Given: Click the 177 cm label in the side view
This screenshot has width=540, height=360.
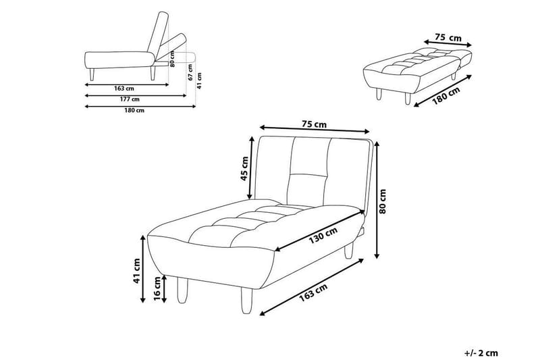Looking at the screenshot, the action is click(130, 99).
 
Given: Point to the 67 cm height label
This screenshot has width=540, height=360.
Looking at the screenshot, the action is click(190, 72).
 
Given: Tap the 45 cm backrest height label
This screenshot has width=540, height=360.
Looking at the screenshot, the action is click(244, 168).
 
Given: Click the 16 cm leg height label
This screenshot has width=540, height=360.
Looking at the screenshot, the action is click(157, 288).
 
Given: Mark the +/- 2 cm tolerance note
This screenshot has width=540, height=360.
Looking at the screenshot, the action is click(481, 353).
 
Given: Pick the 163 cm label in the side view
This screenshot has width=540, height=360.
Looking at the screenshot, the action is click(124, 88).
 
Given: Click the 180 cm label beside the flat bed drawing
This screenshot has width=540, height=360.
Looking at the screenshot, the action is click(446, 95).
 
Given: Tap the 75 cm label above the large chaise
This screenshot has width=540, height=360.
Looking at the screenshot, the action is click(314, 124).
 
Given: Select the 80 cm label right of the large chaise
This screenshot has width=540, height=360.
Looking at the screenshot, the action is click(383, 201).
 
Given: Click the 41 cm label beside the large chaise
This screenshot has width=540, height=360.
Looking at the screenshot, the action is click(137, 271).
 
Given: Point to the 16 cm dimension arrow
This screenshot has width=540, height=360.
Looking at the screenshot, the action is click(164, 288).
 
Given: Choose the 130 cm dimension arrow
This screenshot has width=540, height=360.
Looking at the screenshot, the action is click(319, 230).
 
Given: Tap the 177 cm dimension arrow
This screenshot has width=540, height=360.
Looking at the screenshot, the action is click(136, 95).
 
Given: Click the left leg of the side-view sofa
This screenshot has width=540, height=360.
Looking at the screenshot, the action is click(92, 74).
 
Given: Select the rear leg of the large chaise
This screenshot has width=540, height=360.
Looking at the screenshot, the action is click(349, 249).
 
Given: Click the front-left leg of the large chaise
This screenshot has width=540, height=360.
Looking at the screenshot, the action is click(182, 290).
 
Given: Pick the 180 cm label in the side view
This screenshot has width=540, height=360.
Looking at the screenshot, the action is click(134, 110).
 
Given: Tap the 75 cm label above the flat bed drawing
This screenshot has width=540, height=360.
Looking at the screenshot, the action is click(448, 38).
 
